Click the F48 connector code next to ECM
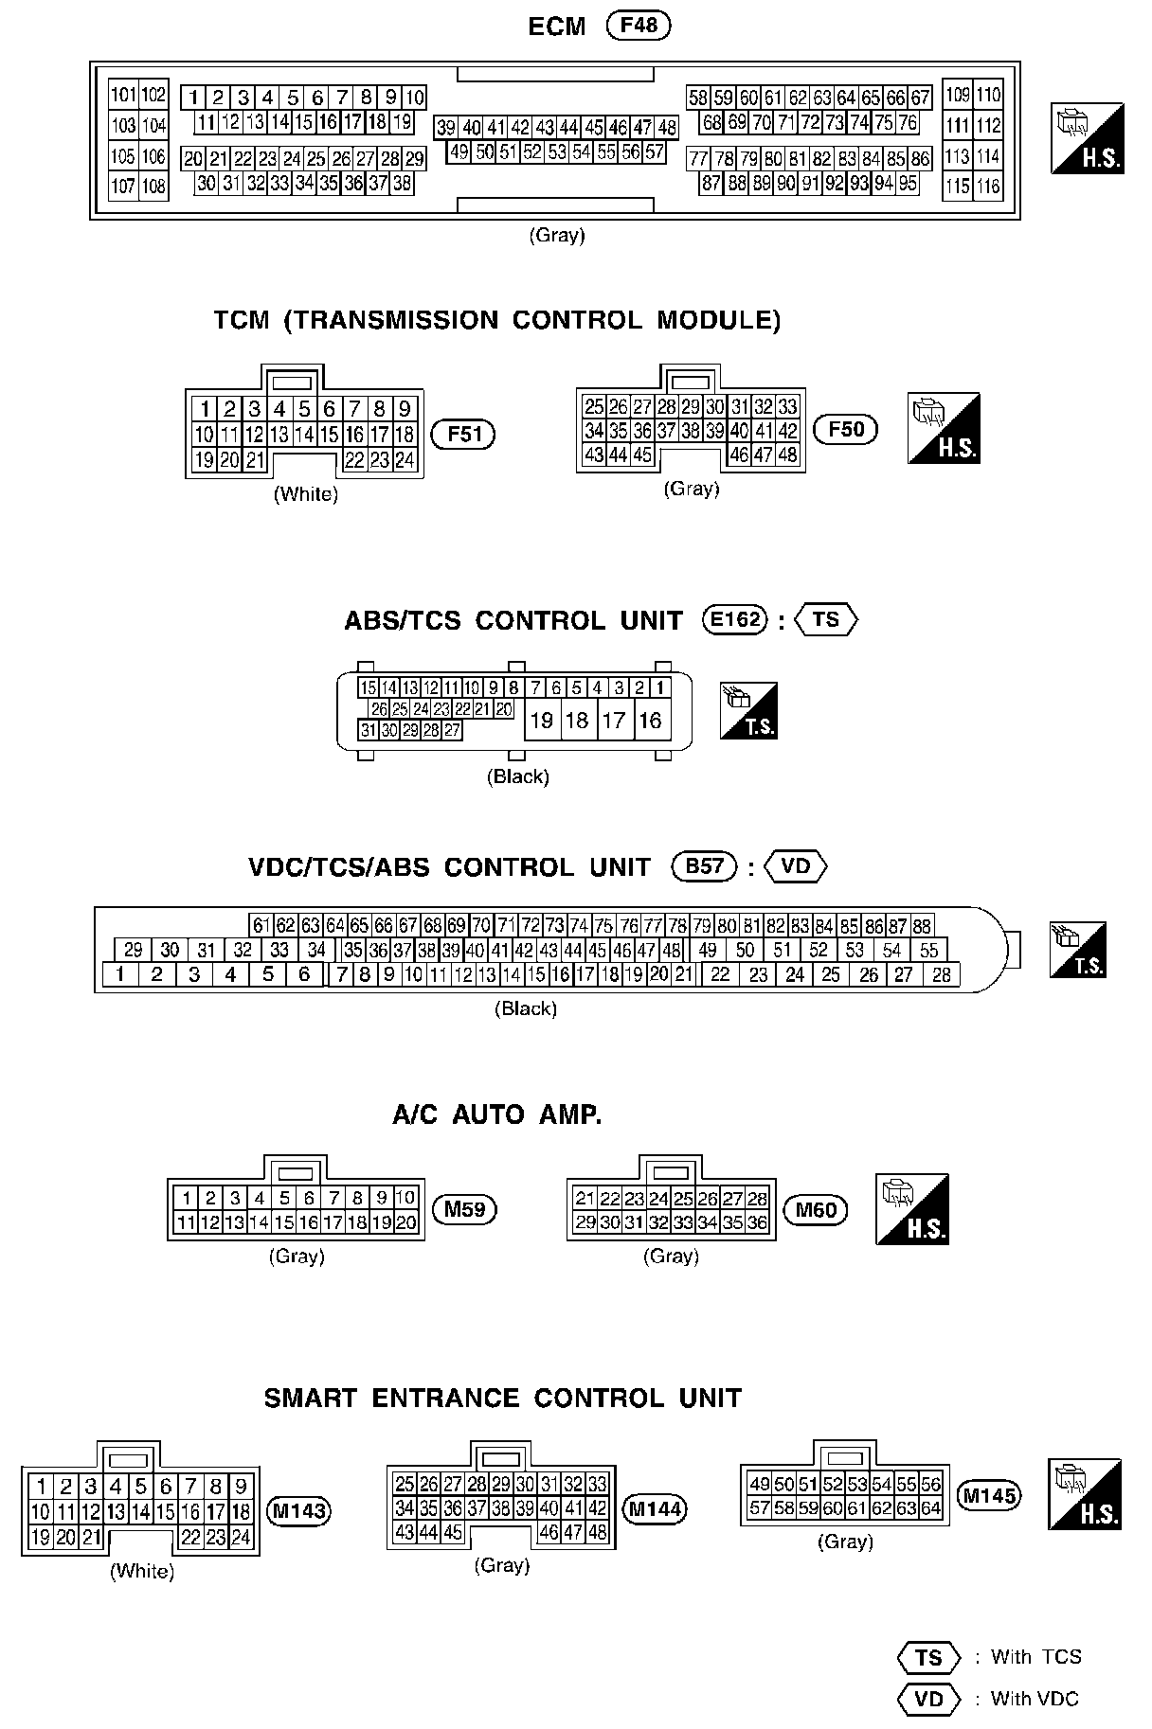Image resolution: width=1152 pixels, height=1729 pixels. (639, 26)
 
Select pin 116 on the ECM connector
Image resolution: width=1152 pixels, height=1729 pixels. (988, 186)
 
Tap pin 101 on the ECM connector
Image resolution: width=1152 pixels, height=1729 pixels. (123, 95)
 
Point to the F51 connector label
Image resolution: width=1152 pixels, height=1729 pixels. (464, 435)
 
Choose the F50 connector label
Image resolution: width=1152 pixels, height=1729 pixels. (846, 429)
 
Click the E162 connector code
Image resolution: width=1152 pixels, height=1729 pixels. (734, 620)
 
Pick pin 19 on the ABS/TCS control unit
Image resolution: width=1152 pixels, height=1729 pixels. (541, 721)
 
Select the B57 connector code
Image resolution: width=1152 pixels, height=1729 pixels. (704, 867)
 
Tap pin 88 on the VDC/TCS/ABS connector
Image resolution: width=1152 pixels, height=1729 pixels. (921, 926)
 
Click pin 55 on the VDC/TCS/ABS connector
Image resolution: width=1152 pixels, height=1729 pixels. (928, 950)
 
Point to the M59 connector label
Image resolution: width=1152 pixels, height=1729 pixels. (464, 1209)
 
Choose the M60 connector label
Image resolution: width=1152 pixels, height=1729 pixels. (817, 1209)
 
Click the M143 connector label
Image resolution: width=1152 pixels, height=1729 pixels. (298, 1511)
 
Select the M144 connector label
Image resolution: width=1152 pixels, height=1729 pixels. (656, 1508)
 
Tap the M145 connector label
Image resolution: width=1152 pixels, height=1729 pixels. (989, 1495)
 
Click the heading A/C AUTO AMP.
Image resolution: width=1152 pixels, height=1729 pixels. (497, 1114)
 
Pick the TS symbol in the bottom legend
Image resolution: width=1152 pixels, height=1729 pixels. (928, 1657)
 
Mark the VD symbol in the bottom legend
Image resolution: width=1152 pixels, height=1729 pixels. (928, 1699)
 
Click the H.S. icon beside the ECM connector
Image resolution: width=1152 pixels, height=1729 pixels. (1087, 138)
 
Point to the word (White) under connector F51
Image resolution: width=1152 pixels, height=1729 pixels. (305, 494)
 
